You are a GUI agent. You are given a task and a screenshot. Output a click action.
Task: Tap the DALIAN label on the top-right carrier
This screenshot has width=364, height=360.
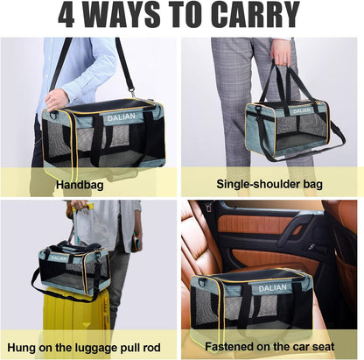point(300,110)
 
